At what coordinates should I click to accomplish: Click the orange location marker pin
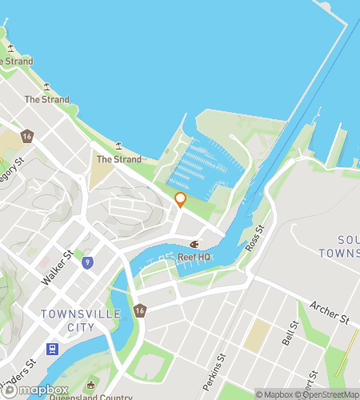click(x=180, y=199)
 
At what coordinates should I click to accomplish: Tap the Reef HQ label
click(x=194, y=257)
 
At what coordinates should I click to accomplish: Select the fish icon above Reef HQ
click(x=193, y=244)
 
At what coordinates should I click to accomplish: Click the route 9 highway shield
click(x=87, y=262)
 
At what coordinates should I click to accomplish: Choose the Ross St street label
click(x=254, y=241)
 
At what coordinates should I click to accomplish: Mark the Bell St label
click(x=290, y=333)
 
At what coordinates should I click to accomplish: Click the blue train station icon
click(x=53, y=349)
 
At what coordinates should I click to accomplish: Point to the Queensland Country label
click(x=90, y=396)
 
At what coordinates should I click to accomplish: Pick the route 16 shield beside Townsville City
click(x=140, y=310)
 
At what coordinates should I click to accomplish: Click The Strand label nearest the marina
click(x=118, y=159)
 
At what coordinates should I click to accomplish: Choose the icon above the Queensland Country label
click(x=93, y=386)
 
